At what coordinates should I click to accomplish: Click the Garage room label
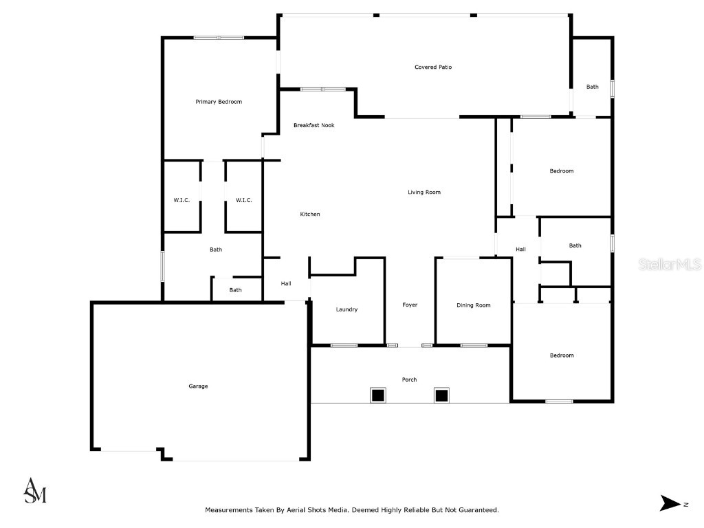pos(198,386)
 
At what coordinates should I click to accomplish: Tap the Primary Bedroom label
pos(219,102)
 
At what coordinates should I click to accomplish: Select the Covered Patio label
pos(433,67)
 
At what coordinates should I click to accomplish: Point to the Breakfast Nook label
pos(313,125)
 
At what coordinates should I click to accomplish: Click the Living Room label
pos(424,192)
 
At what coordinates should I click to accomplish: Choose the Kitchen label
pos(310,214)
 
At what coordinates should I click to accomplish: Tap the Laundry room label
pos(346,309)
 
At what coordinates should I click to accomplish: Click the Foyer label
pos(410,305)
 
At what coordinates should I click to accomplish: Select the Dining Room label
pos(474,305)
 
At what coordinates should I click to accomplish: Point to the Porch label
pos(409,379)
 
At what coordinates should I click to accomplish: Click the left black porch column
pos(378,395)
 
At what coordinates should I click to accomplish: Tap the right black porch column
pos(441,395)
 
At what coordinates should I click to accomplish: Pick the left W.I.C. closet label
pos(181,200)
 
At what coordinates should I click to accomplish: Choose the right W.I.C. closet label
pos(244,200)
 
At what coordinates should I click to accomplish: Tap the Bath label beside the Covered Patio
pos(593,87)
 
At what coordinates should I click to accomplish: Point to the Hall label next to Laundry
pos(286,283)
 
